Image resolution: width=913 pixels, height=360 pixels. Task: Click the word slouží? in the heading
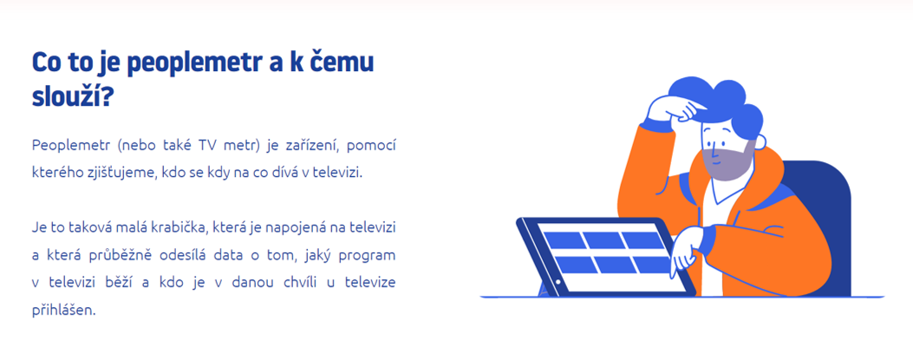[x=71, y=96]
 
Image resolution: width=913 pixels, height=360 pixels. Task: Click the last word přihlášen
[x=62, y=311]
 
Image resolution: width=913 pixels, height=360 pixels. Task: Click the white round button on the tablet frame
[x=558, y=282]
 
